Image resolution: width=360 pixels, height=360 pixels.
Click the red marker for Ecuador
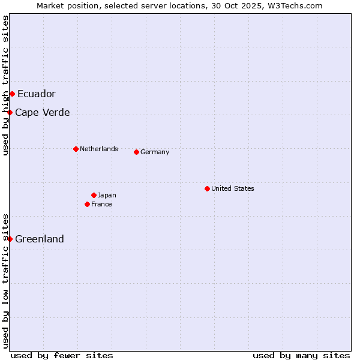12,94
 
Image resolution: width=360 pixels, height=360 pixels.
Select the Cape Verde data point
10,112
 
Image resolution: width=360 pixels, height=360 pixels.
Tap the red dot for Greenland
10,239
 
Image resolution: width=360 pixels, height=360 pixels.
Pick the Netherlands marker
76,149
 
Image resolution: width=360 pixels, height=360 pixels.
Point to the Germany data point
136,152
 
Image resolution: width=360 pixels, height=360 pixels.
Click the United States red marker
207,188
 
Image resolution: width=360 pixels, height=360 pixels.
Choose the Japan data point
94,195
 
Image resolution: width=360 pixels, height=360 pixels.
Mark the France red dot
87,204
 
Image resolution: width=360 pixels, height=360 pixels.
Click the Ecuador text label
37,94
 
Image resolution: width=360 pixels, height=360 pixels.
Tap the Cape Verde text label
43,112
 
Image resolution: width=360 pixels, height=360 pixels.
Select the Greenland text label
40,239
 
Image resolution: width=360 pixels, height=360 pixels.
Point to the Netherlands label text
99,149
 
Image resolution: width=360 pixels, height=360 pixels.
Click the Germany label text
155,152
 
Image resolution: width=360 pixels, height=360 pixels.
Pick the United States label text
233,188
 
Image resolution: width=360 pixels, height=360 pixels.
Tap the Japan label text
107,195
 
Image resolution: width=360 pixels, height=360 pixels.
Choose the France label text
101,204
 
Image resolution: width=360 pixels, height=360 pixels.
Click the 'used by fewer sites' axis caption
62,355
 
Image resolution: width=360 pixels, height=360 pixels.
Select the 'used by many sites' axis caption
301,355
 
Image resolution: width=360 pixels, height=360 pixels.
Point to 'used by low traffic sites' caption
6,281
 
